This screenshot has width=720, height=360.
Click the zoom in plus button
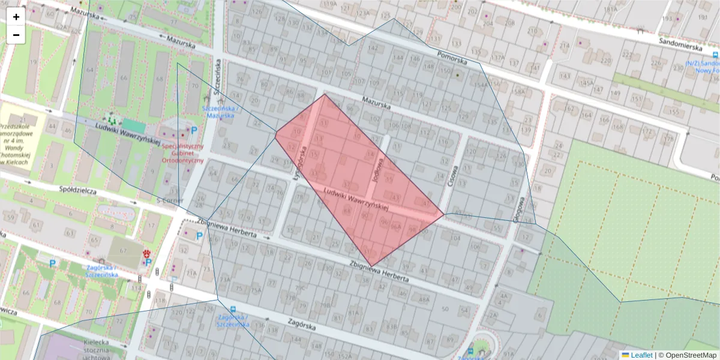click(x=16, y=17)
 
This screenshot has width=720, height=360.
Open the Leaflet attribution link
click(x=641, y=355)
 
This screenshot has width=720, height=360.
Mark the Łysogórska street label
click(x=300, y=163)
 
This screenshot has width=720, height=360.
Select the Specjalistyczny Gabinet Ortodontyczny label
click(x=183, y=153)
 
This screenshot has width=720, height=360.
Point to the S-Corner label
click(x=170, y=200)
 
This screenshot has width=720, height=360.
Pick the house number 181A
click(x=611, y=10)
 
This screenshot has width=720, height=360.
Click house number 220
click(x=607, y=61)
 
